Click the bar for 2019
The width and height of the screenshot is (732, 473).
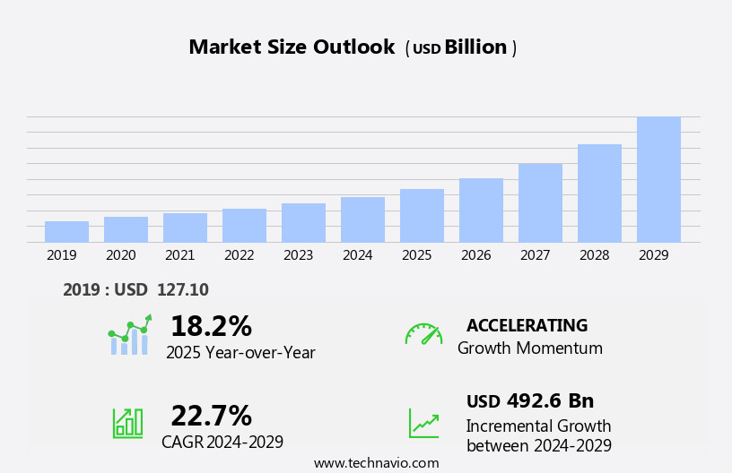(66, 232)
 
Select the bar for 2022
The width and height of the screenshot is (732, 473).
(244, 226)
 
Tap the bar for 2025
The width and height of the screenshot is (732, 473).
(422, 216)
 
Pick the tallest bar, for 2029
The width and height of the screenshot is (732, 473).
(658, 180)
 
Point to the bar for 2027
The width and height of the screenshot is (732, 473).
(540, 203)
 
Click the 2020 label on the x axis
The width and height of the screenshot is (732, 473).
(120, 255)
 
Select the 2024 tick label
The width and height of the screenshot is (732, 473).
(357, 255)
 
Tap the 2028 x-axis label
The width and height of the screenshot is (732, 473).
(594, 255)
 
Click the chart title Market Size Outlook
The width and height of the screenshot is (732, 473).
(292, 47)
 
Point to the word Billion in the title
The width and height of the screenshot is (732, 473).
(475, 47)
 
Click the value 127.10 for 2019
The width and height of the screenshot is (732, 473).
(182, 290)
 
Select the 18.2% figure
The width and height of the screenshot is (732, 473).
(211, 326)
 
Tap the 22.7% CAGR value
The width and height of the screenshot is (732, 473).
(211, 416)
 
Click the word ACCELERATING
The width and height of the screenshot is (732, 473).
(527, 326)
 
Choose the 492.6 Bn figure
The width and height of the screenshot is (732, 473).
(550, 401)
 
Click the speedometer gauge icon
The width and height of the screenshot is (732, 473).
(423, 334)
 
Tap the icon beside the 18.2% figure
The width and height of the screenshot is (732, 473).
(130, 335)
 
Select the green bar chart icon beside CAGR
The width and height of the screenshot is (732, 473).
(127, 423)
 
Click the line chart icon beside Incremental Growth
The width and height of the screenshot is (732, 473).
(423, 423)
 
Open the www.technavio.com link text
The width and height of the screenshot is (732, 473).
(376, 463)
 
